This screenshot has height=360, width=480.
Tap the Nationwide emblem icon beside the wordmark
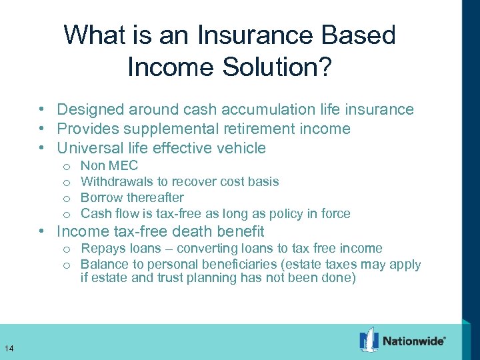point(369,339)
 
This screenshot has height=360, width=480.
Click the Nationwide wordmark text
point(413,341)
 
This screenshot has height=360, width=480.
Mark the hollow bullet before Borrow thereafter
point(67,198)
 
